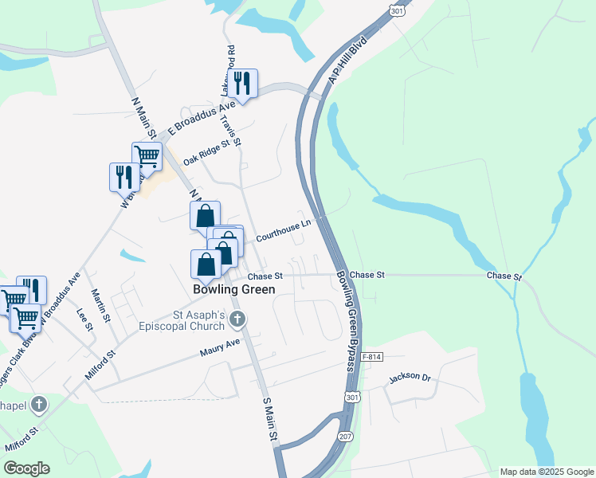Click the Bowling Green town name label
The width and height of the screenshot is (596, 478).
click(x=234, y=290)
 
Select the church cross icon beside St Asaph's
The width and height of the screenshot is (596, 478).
click(x=237, y=320)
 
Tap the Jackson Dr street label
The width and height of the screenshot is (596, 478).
click(x=410, y=378)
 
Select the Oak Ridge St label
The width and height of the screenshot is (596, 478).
click(x=211, y=149)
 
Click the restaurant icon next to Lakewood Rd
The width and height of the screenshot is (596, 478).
click(x=242, y=83)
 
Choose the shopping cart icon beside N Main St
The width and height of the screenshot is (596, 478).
click(x=147, y=157)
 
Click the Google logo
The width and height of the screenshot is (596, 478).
click(x=26, y=468)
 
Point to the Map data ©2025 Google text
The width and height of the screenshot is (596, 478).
click(x=547, y=472)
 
